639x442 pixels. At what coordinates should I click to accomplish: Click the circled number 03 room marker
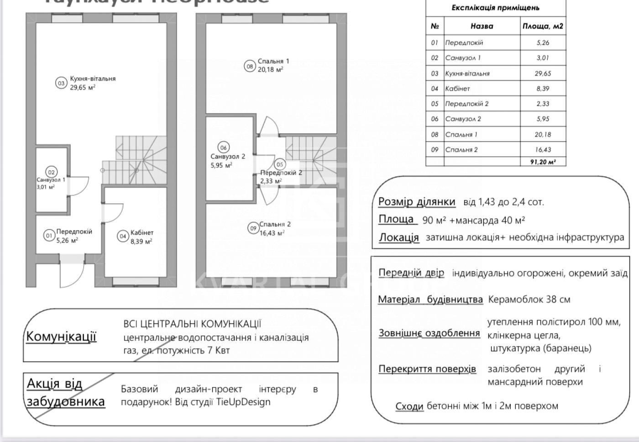click(61, 83)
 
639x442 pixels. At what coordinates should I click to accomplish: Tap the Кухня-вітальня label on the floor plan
click(93, 79)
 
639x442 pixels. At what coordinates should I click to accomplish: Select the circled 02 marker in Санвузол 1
click(51, 172)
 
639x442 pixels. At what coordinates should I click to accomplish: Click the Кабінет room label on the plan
click(142, 232)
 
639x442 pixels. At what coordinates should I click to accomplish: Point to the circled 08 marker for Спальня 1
click(250, 66)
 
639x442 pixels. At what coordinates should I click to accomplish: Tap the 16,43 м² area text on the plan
click(272, 233)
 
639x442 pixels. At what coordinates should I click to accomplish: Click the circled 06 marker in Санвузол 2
click(223, 147)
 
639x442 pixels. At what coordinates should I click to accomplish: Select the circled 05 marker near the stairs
click(280, 164)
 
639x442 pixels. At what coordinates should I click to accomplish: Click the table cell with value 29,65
click(543, 73)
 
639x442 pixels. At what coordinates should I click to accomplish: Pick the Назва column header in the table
click(482, 26)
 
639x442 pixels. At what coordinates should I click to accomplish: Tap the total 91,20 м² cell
click(543, 162)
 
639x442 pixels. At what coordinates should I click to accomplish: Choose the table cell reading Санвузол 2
click(463, 119)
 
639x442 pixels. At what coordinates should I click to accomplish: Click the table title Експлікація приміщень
click(495, 8)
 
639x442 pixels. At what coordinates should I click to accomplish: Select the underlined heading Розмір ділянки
click(417, 201)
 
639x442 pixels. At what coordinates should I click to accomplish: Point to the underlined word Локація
click(398, 237)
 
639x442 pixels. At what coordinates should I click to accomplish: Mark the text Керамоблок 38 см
click(529, 300)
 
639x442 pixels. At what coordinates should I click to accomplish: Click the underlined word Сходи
click(409, 406)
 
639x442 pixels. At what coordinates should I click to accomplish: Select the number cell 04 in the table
click(435, 89)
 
